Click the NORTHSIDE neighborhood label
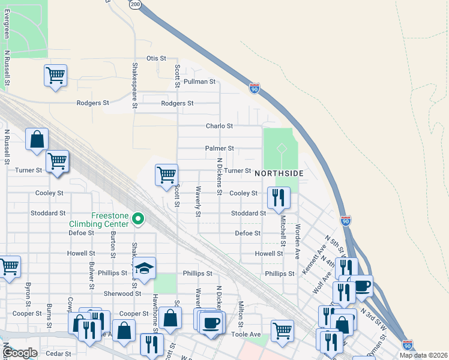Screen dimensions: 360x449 [x=279, y=173]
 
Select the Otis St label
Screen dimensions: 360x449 [x=156, y=58]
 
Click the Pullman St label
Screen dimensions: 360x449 [x=199, y=82]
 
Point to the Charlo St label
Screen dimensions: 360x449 [x=219, y=127]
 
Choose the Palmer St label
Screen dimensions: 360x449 [x=219, y=148]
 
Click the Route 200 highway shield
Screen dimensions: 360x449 [x=136, y=4]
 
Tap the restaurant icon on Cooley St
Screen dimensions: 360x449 [x=278, y=197]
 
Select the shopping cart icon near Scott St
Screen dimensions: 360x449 [x=166, y=175]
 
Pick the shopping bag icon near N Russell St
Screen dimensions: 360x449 [x=37, y=140]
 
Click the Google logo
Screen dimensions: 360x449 [x=20, y=353]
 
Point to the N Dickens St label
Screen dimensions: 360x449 [x=220, y=172]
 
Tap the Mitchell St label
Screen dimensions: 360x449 [x=282, y=231]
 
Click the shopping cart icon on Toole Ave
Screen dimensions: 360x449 [x=282, y=331]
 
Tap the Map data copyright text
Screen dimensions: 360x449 [x=423, y=355]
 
